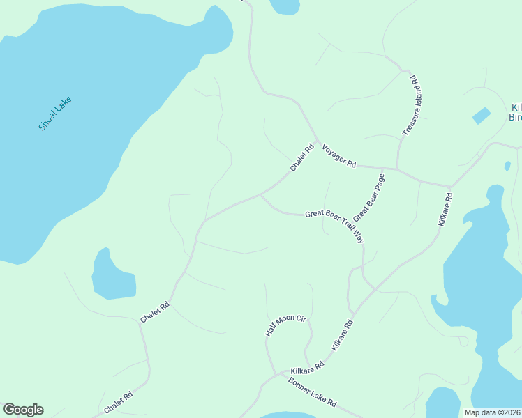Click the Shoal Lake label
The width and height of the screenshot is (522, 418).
coord(55,114)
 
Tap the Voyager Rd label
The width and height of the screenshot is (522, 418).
coord(338,155)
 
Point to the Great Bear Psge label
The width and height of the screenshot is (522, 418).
coord(369,197)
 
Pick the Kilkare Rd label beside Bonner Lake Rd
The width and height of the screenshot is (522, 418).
coord(308,366)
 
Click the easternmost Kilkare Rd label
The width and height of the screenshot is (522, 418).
coord(445,208)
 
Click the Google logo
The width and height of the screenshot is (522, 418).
coord(23,410)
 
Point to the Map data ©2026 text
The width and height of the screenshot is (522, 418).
coord(493,412)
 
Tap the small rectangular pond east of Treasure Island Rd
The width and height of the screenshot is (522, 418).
coord(482,116)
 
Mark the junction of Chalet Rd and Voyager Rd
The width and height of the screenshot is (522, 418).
coord(318,142)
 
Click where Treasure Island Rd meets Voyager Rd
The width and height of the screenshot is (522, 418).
coord(397,169)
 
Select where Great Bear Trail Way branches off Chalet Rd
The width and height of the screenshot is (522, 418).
coord(260,195)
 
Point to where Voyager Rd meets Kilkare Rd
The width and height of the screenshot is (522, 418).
coord(451,187)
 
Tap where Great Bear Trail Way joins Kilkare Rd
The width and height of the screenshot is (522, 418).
coord(375,288)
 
